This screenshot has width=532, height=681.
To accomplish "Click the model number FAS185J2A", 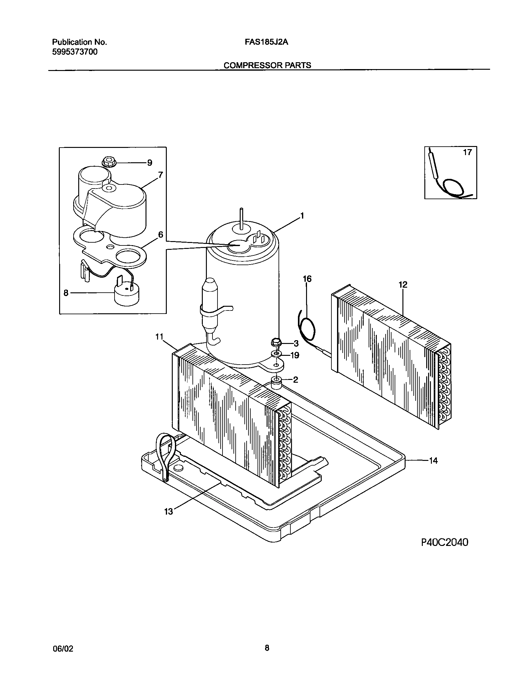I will pos(266,42).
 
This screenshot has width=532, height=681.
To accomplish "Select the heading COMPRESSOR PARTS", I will pos(267,65).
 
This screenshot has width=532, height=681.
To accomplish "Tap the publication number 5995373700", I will pos(74,52).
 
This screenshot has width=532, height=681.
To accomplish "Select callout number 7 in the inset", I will pos(160,175).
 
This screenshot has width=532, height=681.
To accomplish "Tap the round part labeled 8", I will pos(126,295).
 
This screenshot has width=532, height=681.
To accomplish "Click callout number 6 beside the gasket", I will pos(161,235).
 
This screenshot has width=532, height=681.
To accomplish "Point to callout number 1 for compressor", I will pos(302,216).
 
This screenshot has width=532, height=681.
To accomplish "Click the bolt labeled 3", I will pos(276,343).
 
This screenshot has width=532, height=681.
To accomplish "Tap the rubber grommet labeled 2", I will pos(276,382).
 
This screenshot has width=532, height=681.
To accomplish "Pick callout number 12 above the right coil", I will pos(403,285).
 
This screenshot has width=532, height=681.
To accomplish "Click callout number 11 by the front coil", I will pos(160,337).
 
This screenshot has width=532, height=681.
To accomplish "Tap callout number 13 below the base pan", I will pos(168,512).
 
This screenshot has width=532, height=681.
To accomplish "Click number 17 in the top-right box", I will pos(467,153).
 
